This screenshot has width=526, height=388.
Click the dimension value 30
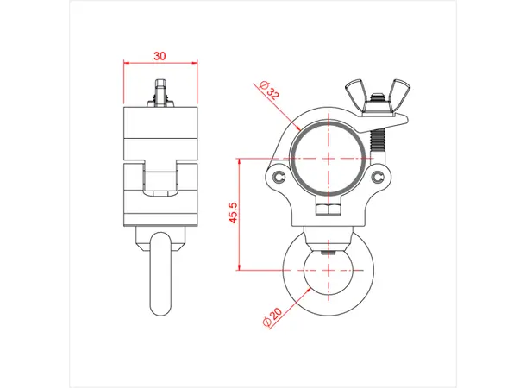pos(160,54)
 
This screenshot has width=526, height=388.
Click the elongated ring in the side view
pos(160,272)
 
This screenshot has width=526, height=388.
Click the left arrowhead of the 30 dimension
pos(126,63)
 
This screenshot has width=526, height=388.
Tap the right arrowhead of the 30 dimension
pos(195,63)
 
